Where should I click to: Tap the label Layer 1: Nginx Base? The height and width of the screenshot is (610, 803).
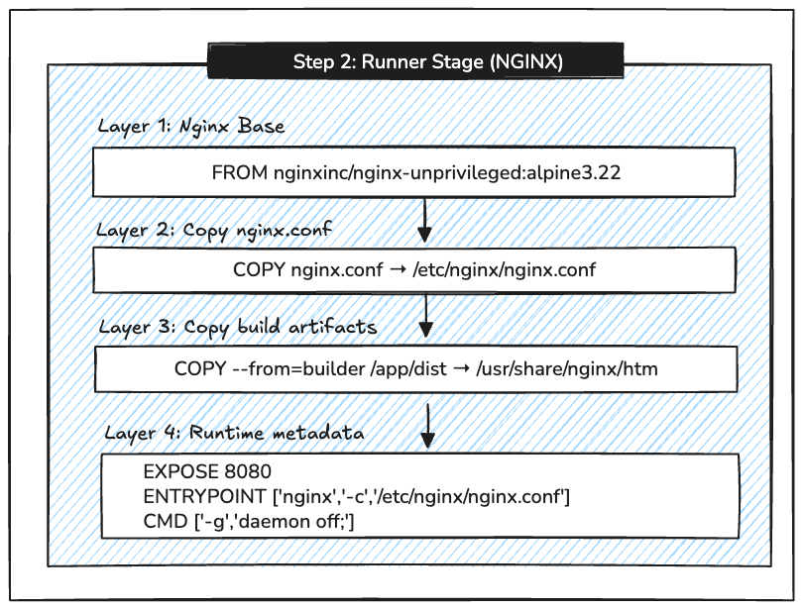pos(190,127)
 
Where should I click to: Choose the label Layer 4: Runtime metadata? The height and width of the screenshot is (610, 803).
pos(234,433)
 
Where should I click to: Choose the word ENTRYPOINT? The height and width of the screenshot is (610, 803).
pos(198,496)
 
